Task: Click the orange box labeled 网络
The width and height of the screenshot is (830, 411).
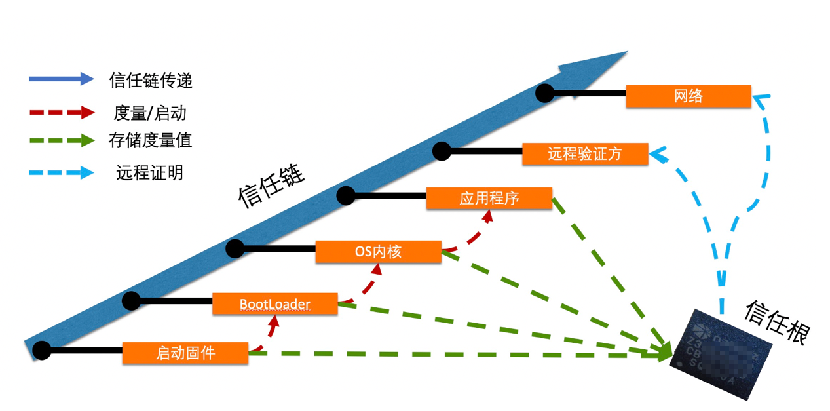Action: pos(688,96)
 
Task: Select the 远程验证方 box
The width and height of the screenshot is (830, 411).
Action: pos(584,154)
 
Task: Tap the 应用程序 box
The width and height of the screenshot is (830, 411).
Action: pos(489,199)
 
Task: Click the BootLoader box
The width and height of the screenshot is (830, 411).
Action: pos(274,304)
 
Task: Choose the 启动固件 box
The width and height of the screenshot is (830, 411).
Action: pos(185,353)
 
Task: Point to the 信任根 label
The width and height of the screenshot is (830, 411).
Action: pos(777,321)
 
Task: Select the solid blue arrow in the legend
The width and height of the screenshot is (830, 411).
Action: pos(62,79)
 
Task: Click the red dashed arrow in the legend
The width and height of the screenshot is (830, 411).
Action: pos(62,113)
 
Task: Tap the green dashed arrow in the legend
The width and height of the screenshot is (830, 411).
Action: pos(62,140)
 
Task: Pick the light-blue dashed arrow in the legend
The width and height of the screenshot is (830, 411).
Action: pos(62,173)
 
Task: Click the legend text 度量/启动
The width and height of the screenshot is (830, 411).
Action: pos(150,113)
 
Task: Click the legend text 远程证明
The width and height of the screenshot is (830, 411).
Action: pos(150,173)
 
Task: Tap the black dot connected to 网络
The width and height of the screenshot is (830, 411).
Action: pos(544,93)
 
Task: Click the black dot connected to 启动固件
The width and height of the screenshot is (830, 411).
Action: pos(41,351)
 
